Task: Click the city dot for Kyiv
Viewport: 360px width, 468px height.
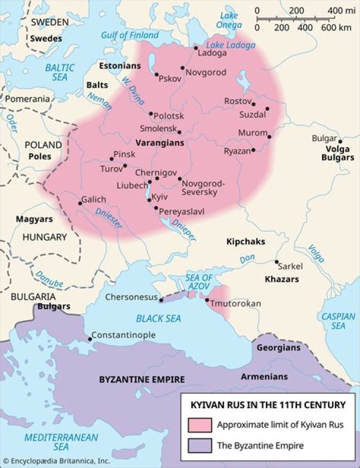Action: [x=149, y=200]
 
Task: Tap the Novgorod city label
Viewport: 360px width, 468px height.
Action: [x=205, y=72]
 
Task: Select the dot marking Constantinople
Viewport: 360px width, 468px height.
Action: [x=89, y=339]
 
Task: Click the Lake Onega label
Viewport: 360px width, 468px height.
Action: [x=229, y=20]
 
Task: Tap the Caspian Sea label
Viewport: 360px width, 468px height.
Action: [x=338, y=321]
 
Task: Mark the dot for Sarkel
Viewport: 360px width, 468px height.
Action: [x=276, y=262]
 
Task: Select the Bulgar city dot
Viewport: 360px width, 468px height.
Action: [x=339, y=141]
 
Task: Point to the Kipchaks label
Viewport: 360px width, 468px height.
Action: [x=245, y=242]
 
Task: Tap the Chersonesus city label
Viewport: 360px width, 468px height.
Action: [x=131, y=297]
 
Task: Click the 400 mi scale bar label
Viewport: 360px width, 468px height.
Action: [x=340, y=10]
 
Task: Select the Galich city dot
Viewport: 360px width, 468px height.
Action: [x=80, y=203]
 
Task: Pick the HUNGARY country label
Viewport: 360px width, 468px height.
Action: [x=44, y=237]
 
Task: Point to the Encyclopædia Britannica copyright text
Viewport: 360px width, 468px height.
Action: [x=56, y=461]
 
